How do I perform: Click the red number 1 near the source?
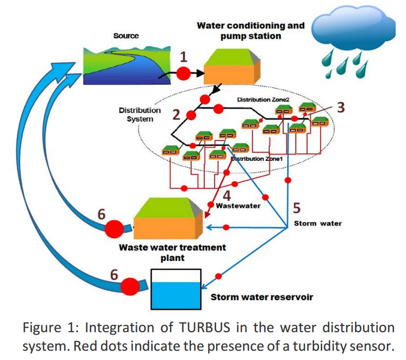(x=184, y=57)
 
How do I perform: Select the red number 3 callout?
(x=341, y=107)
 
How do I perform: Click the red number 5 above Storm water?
(x=297, y=208)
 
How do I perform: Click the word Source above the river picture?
(x=126, y=36)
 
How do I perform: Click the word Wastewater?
(x=238, y=206)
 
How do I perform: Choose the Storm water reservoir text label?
(x=261, y=296)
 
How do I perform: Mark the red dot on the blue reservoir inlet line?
(x=218, y=275)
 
